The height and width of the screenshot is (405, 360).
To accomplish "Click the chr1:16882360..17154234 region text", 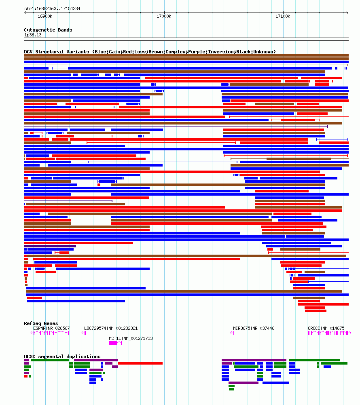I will [52, 8].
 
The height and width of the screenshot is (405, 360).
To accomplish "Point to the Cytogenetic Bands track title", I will [48, 30].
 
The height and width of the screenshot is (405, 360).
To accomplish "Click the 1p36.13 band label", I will [32, 35].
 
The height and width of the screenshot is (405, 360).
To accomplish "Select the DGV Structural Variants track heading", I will [150, 52].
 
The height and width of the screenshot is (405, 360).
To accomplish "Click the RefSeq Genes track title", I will [41, 323].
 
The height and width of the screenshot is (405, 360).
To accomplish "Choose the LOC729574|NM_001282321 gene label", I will [111, 328].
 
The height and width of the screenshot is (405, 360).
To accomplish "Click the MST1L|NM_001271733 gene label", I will [131, 338].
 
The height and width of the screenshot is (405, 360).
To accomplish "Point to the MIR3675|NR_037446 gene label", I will [254, 328].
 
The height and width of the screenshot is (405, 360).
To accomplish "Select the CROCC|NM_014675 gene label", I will [326, 328].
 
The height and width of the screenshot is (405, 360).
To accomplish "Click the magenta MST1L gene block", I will [113, 343].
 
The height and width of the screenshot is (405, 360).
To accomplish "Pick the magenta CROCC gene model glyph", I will [328, 333].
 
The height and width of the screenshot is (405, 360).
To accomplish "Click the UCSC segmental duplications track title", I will [62, 356].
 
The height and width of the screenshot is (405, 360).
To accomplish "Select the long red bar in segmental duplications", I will [140, 363].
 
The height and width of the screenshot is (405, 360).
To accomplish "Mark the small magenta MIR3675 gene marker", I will [233, 333].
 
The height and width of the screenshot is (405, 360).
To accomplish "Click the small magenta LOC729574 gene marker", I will [84, 333].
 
